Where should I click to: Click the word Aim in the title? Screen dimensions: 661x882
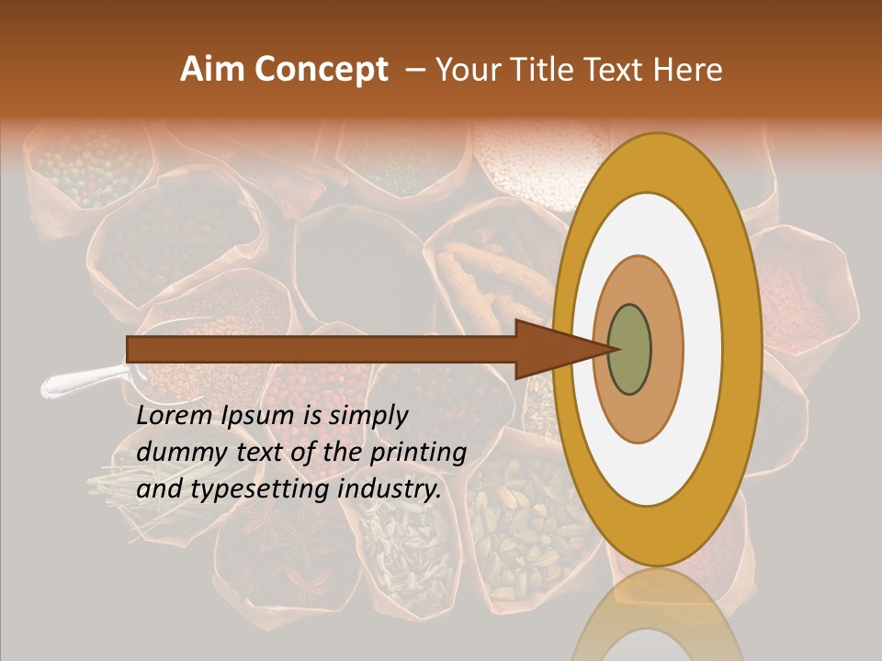pos(203,70)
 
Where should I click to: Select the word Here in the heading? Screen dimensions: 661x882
pos(688,70)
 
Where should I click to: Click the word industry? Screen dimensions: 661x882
pos(390,489)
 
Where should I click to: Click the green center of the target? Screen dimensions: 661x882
pos(630,349)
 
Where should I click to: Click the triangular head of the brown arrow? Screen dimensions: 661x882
pos(551,349)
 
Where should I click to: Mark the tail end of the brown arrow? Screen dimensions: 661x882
pos(133,349)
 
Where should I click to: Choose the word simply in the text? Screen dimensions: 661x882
pos(367,416)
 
